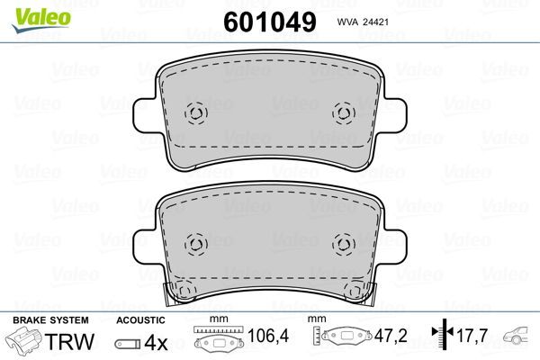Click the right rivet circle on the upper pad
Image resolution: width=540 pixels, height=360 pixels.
(x=342, y=113)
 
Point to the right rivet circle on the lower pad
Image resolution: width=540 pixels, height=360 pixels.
(x=342, y=244)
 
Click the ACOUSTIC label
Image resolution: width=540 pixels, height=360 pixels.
(x=140, y=320)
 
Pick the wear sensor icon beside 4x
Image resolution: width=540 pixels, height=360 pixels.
(x=129, y=342)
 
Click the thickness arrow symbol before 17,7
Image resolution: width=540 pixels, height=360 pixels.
(x=440, y=334)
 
